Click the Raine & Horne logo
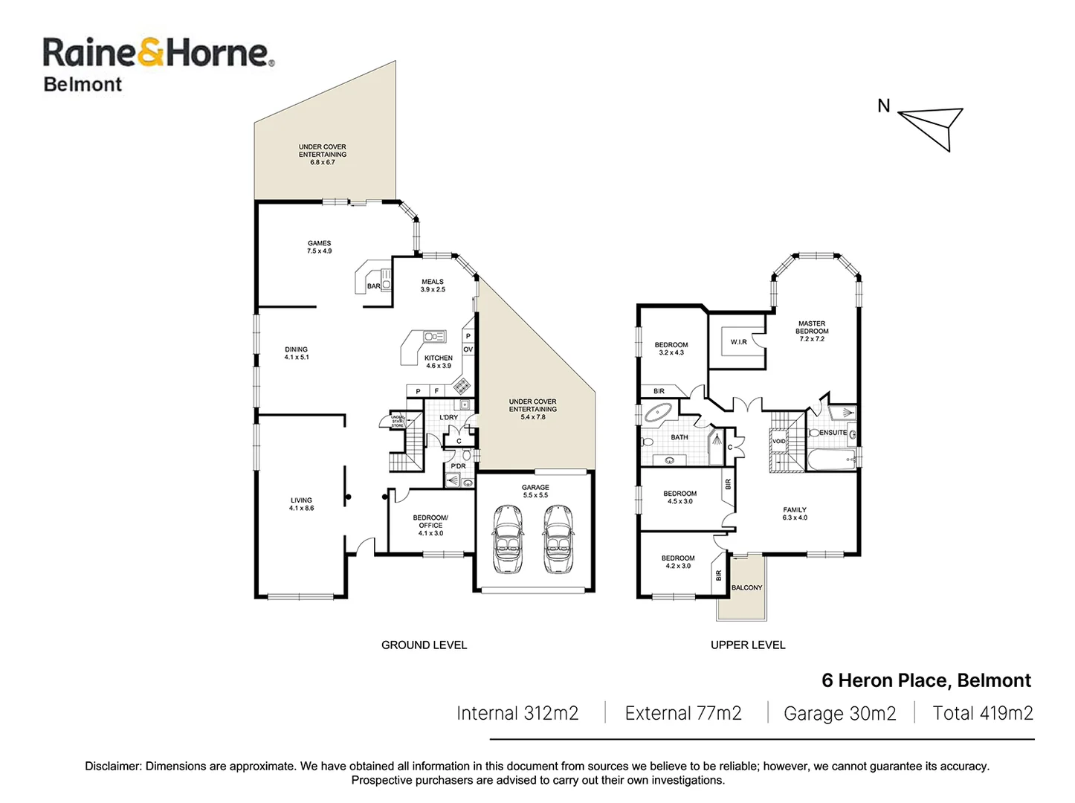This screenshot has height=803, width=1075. point(158,64)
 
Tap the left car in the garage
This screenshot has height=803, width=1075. point(509,539)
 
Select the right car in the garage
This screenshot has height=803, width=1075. point(558,539)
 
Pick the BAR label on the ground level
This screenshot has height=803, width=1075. point(373,286)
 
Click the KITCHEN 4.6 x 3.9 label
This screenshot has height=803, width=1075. point(439,362)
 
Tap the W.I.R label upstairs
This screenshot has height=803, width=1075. point(738,342)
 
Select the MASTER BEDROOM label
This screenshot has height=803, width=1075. point(812,331)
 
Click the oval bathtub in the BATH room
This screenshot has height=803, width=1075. point(657,413)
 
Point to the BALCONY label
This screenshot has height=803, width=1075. point(746,588)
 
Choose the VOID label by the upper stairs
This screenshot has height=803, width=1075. point(778,442)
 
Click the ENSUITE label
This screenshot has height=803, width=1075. point(833,433)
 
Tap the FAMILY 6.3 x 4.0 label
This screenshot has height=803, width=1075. point(795,514)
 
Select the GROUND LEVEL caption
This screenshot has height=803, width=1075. point(424,645)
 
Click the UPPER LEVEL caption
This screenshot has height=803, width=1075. point(748,645)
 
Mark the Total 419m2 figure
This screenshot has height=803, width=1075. point(982,714)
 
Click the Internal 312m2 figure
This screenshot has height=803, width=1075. point(517,714)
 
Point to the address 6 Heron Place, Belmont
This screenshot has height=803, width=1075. point(926,681)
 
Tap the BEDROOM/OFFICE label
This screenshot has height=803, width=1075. point(430,525)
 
